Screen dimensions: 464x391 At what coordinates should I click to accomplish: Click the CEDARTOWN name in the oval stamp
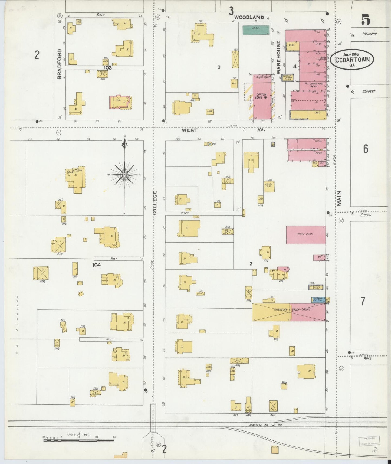352,60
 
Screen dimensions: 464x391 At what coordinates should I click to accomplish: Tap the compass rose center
124,175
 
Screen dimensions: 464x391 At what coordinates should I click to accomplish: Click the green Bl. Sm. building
256,30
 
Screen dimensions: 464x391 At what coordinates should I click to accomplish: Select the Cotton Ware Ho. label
261,96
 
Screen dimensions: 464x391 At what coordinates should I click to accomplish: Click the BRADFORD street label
60,64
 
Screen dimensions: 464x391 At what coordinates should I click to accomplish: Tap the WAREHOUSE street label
279,57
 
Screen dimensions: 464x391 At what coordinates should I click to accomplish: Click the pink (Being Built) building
306,235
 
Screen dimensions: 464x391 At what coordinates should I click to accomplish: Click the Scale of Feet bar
79,440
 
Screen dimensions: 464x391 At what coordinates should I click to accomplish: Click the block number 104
97,265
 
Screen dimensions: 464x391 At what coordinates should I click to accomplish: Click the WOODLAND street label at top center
249,17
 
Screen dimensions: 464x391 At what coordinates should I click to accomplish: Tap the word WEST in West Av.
190,130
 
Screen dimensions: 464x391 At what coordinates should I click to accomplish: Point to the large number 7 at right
363,301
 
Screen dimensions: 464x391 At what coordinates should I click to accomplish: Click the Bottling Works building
288,77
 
